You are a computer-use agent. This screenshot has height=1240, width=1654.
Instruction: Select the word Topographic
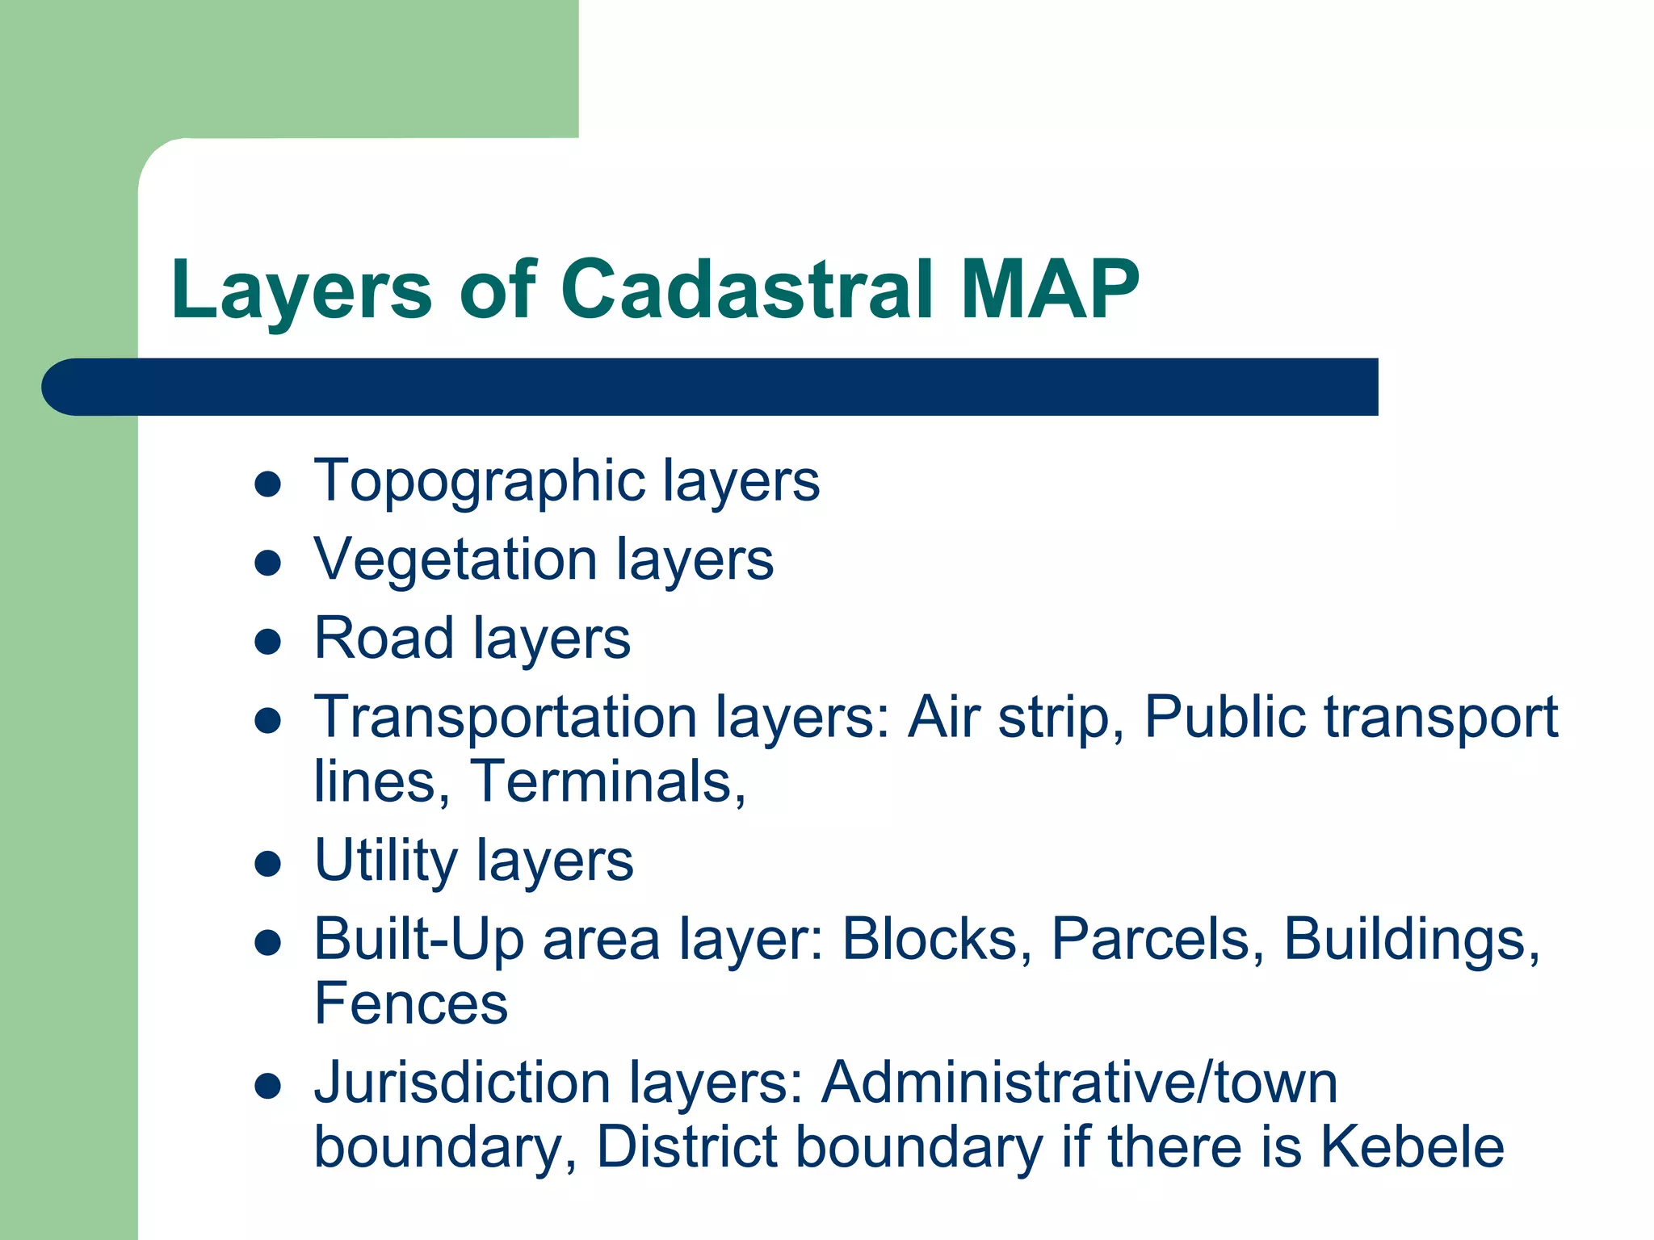pos(480,480)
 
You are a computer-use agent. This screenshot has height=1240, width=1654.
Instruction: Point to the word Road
pos(384,638)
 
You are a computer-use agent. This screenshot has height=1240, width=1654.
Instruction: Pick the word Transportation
pos(506,717)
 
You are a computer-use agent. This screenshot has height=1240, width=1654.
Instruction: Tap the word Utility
pos(386,861)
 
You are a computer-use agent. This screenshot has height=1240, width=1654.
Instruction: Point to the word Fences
pos(411,1003)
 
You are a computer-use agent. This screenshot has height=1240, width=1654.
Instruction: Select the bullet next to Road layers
pos(267,642)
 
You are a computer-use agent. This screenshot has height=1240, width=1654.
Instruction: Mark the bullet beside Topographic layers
pos(267,484)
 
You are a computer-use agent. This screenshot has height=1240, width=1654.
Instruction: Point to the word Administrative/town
pos(1079,1083)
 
